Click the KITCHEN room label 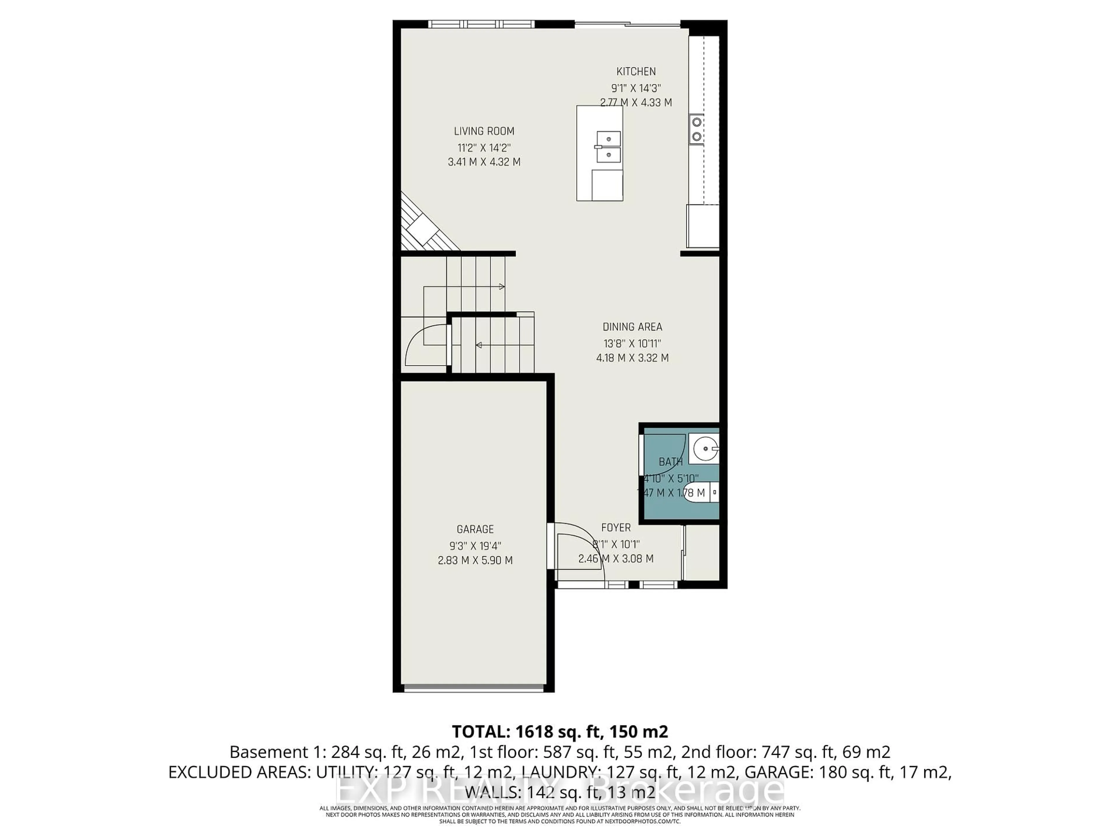point(636,71)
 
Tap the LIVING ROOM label point(484,131)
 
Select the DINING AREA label point(632,327)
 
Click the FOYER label point(616,528)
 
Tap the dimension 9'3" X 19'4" point(475,546)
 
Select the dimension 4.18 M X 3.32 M point(632,358)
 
